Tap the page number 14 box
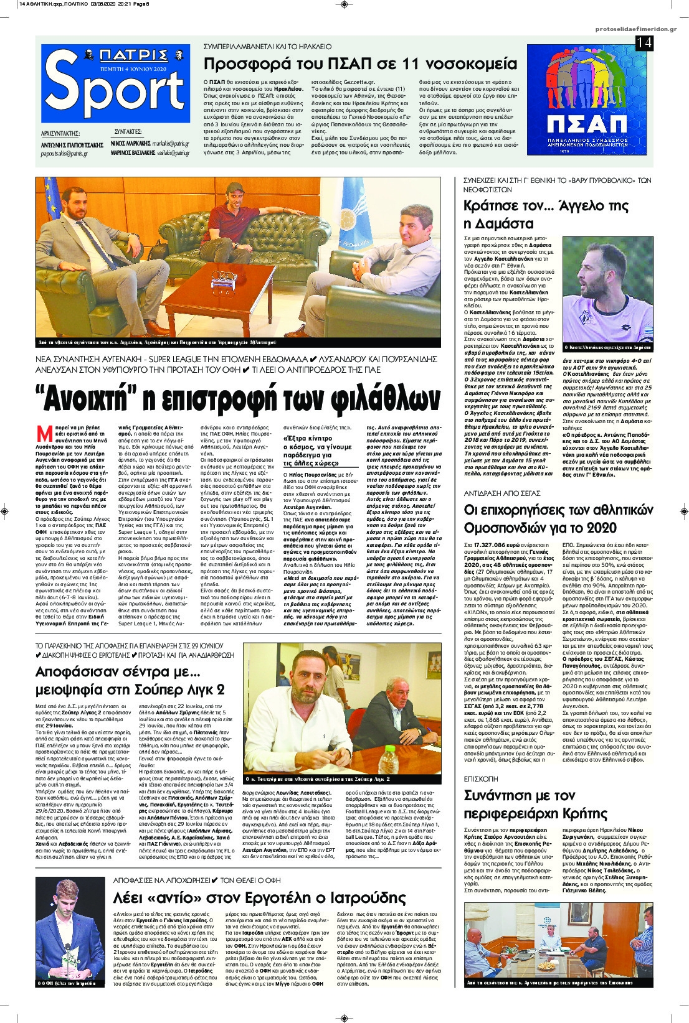(x=644, y=43)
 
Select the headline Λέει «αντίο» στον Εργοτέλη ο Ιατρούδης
(x=259, y=897)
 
